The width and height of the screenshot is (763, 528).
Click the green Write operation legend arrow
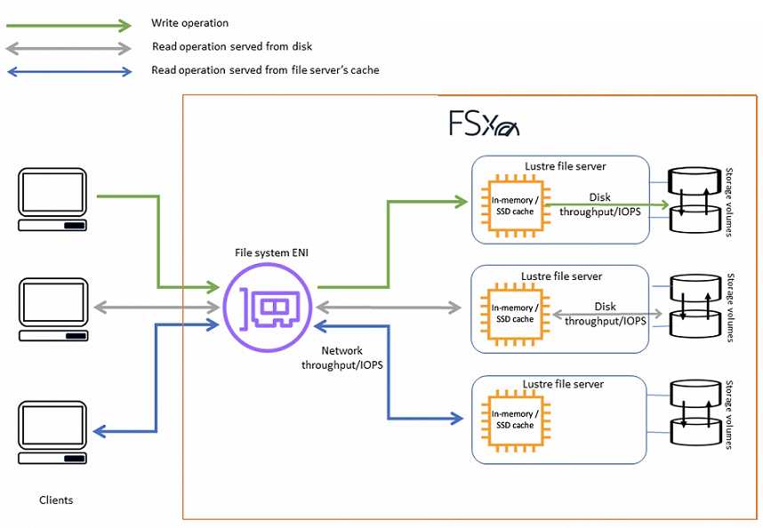(x=68, y=25)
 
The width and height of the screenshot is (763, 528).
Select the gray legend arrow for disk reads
(x=68, y=49)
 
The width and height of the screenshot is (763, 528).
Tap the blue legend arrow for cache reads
(x=69, y=72)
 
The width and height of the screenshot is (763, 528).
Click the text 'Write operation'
(x=189, y=23)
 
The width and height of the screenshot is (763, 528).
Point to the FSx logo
(x=484, y=124)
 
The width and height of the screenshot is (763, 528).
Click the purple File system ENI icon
(x=267, y=308)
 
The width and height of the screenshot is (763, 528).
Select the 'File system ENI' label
(x=271, y=252)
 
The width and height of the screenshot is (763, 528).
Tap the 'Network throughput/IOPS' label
(x=342, y=358)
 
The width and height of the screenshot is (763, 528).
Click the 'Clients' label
(x=56, y=500)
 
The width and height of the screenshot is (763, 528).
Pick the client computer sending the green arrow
(x=52, y=199)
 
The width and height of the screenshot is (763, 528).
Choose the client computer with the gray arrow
(x=53, y=309)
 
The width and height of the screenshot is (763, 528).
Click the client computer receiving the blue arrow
(x=52, y=432)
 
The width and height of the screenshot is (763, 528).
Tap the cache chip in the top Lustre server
(x=515, y=206)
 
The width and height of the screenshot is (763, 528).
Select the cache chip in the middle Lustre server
(x=515, y=314)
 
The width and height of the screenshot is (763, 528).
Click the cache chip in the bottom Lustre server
(x=515, y=420)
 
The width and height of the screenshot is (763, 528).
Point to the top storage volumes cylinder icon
(x=695, y=200)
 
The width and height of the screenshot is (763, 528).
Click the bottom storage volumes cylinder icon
(x=695, y=412)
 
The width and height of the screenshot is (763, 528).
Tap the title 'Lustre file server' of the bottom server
(x=563, y=384)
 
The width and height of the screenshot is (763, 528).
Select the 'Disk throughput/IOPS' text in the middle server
(x=606, y=314)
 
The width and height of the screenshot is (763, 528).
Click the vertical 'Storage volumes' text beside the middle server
(x=730, y=308)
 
